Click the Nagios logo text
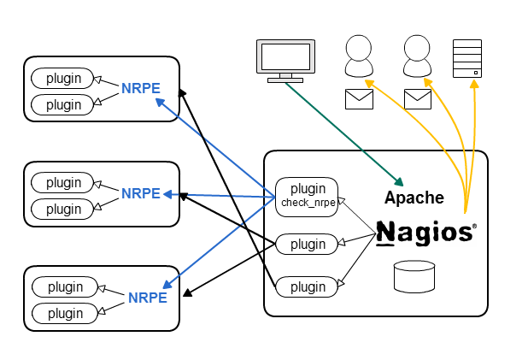point(425,233)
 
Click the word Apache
point(414,198)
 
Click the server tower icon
point(466,59)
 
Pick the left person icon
point(359,57)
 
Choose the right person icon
point(417,57)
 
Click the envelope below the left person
point(359,99)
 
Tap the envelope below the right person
point(417,99)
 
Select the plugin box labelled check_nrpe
point(307,194)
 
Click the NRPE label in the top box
point(140,88)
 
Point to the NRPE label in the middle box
point(140,193)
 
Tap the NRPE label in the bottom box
point(147,298)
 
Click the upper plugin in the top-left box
point(63,78)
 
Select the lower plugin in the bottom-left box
point(65,313)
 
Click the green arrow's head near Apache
point(399,182)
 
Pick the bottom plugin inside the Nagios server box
point(307,286)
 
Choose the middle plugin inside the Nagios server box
point(307,244)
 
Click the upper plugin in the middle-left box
point(63,182)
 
